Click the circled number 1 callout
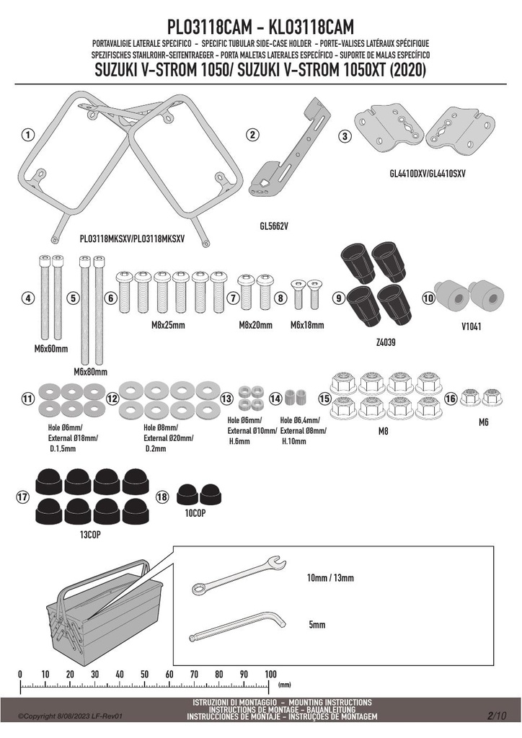pyautogui.click(x=28, y=135)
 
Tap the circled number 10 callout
pyautogui.click(x=428, y=298)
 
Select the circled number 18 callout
pyautogui.click(x=162, y=497)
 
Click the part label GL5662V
pyautogui.click(x=274, y=226)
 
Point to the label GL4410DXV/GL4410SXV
pyautogui.click(x=428, y=174)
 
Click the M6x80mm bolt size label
pyautogui.click(x=90, y=372)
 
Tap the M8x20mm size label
pyautogui.click(x=255, y=325)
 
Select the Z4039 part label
pyautogui.click(x=386, y=342)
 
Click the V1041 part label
pyautogui.click(x=471, y=326)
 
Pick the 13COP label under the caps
pyautogui.click(x=90, y=535)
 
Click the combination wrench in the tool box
pyautogui.click(x=239, y=575)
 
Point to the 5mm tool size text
pyautogui.click(x=317, y=625)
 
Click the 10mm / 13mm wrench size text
pyautogui.click(x=330, y=578)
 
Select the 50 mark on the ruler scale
pyautogui.click(x=144, y=675)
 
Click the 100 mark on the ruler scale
pyautogui.click(x=270, y=674)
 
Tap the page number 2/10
pyautogui.click(x=497, y=716)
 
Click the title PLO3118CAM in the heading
pyautogui.click(x=210, y=27)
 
